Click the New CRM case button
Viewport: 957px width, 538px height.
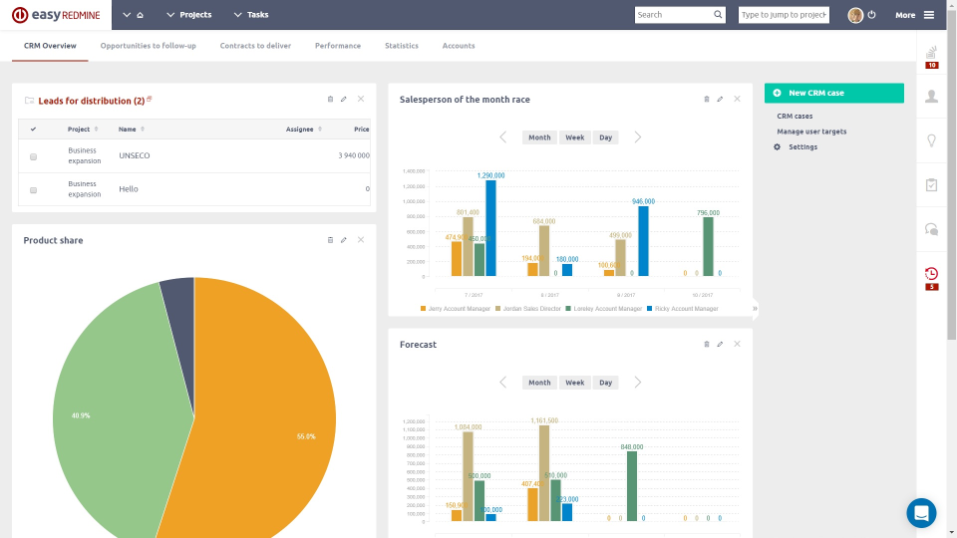(x=833, y=93)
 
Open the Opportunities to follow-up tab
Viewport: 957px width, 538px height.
(x=148, y=46)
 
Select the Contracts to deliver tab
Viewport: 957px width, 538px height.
(x=255, y=46)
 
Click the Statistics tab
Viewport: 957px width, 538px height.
(x=402, y=46)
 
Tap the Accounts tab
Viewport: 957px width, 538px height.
(x=459, y=46)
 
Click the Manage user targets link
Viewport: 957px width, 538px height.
(x=811, y=132)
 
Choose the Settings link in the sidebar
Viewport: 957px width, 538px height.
(x=802, y=147)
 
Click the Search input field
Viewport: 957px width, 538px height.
(x=674, y=15)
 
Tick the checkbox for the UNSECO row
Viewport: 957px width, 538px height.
(x=33, y=156)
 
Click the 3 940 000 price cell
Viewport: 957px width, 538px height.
(x=353, y=155)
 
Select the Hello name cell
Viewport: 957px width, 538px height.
(x=129, y=189)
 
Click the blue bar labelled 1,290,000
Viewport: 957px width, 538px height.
(x=490, y=228)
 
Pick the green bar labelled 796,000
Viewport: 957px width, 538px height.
(x=708, y=246)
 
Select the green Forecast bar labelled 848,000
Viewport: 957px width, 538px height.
(x=632, y=486)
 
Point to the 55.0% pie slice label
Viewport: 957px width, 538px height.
(x=306, y=436)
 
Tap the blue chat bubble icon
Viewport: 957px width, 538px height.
(x=921, y=513)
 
